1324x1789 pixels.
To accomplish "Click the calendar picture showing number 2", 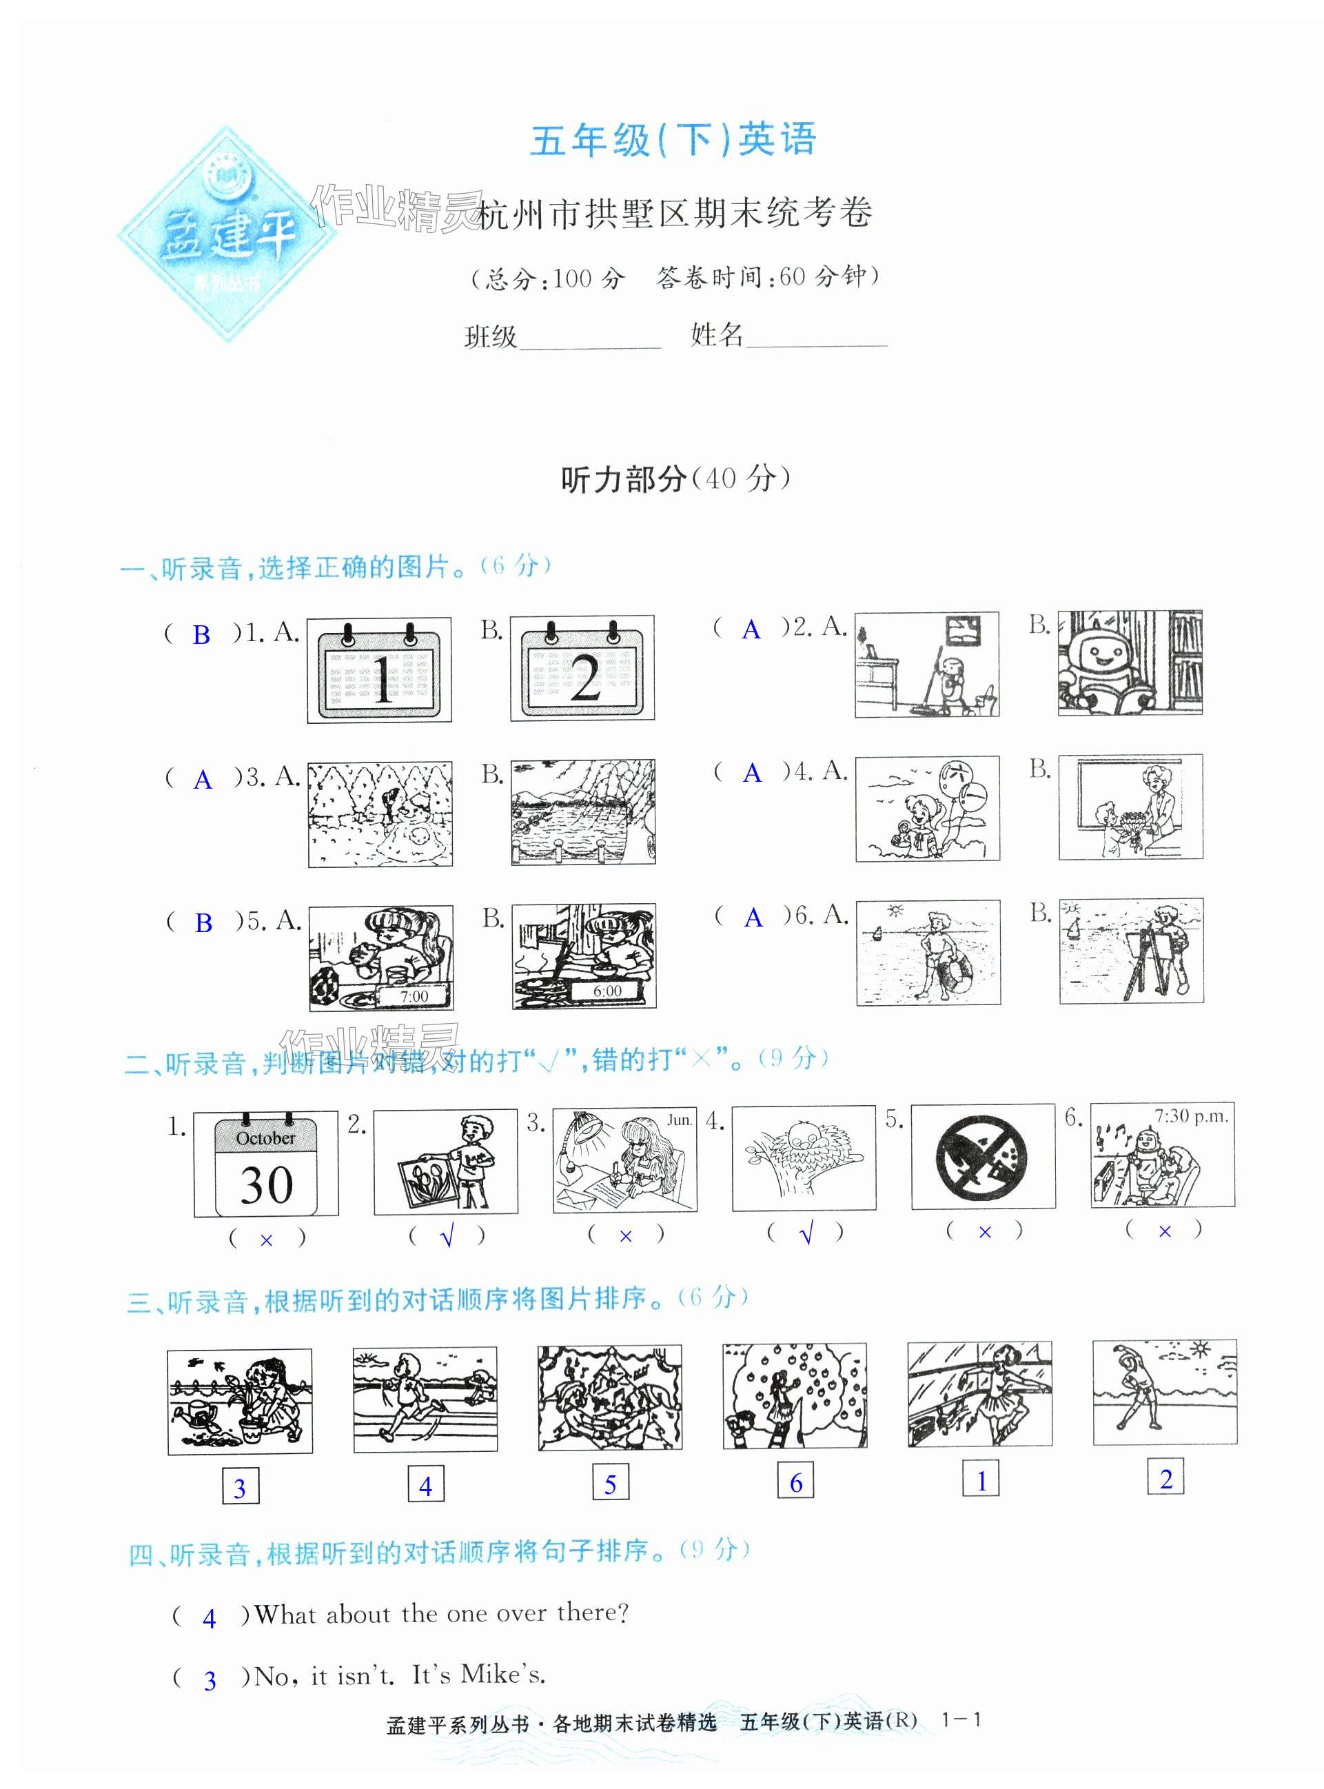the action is point(582,669).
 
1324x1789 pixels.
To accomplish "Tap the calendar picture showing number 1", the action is point(379,670).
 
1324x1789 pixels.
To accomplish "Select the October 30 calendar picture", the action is point(266,1164).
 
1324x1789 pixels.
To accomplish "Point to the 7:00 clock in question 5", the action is point(414,996).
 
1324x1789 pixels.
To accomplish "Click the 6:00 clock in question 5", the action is point(607,991).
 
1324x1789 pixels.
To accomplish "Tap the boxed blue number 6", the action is point(796,1482).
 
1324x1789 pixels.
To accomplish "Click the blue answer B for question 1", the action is point(201,635).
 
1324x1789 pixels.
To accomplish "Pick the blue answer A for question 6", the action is point(753,918).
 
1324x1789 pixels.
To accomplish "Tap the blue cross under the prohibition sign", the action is point(985,1232).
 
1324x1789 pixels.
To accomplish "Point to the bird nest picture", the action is point(804,1158).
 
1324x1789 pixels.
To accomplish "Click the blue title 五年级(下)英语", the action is point(673,139).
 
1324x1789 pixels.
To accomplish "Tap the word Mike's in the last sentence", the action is point(503,1675).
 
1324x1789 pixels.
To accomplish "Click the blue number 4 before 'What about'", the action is point(209,1618).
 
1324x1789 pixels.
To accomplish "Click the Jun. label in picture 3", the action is point(680,1120).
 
